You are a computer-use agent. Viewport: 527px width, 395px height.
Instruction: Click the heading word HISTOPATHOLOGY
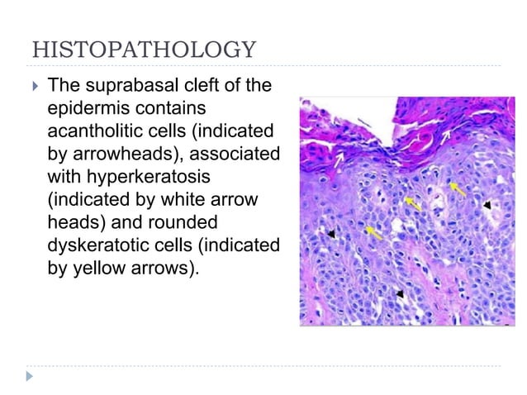click(x=143, y=50)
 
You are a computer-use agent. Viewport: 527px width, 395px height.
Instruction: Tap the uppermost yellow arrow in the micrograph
click(x=457, y=191)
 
